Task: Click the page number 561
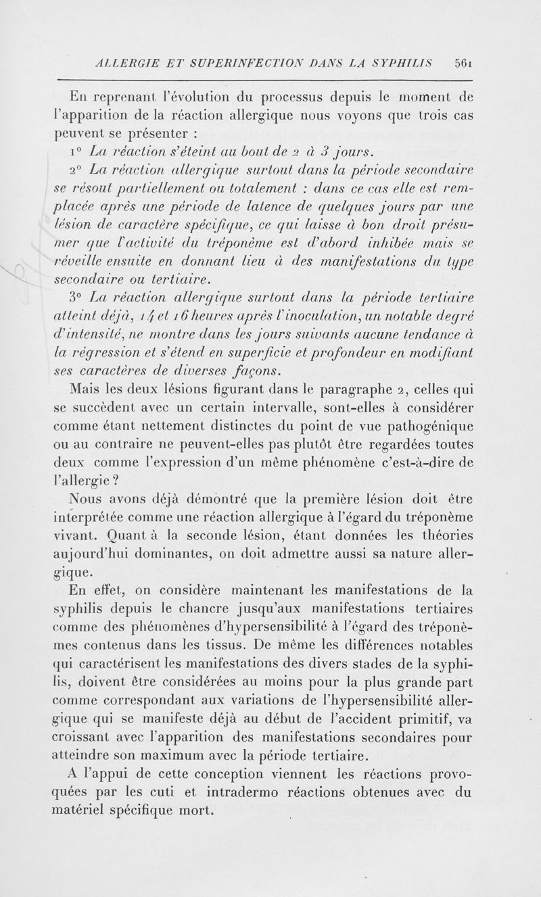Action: pyautogui.click(x=463, y=61)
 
